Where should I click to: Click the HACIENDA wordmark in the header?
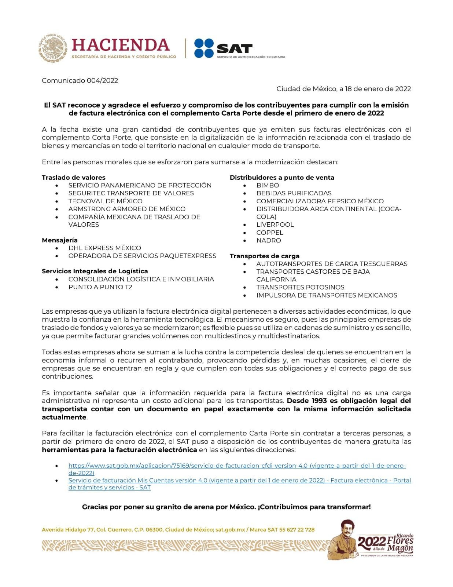(x=121, y=45)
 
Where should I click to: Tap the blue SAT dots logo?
(x=204, y=48)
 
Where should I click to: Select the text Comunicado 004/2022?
(x=80, y=81)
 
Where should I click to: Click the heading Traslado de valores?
(x=74, y=178)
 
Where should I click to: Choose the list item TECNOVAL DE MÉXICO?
(x=105, y=201)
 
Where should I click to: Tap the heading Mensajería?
(x=60, y=240)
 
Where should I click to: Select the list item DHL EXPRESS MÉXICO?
(x=104, y=248)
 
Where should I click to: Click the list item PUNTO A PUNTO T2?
(x=100, y=287)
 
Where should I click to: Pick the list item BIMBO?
(x=268, y=185)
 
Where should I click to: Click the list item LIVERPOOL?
(x=275, y=225)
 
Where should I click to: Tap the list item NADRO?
(x=269, y=240)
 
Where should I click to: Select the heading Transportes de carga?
(x=265, y=256)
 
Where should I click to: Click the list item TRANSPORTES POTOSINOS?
(x=300, y=287)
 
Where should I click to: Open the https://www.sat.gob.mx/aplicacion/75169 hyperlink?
(x=237, y=466)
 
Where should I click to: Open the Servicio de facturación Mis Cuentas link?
(x=239, y=481)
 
